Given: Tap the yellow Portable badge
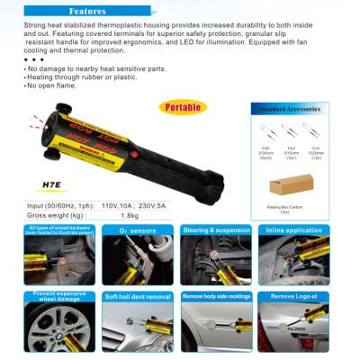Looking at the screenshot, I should (180, 107).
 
